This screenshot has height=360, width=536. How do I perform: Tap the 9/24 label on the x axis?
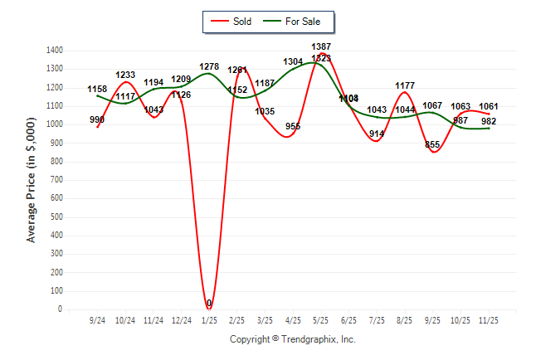pos(97,319)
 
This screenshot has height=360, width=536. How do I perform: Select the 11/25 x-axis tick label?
pos(489,319)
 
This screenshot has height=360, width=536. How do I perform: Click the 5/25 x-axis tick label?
pos(320,319)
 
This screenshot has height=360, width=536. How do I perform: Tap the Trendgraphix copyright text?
pos(292,339)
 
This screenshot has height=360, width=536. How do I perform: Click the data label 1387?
pos(323,46)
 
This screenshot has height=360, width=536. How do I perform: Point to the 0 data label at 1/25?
pos(209,304)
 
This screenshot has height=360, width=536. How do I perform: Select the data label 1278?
pos(209,66)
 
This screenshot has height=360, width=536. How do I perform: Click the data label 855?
pos(432,144)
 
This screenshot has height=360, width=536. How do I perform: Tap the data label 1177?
pos(405,85)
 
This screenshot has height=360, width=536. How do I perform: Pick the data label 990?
pos(97,120)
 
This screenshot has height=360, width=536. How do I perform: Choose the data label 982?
pos(489,121)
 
